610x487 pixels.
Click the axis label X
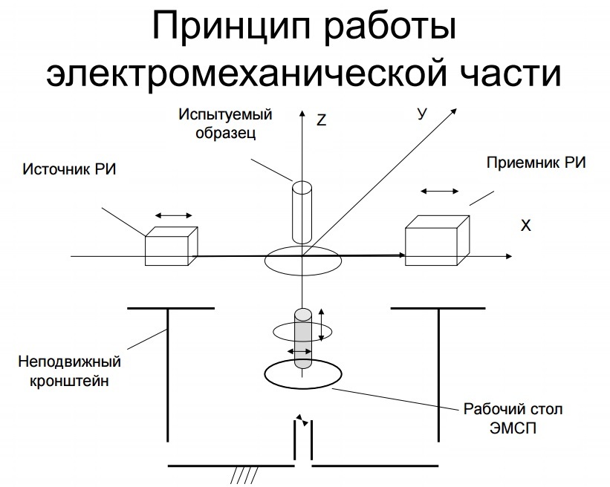pos(526,223)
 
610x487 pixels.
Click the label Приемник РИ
pos(535,163)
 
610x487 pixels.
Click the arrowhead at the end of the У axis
pos(453,111)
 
